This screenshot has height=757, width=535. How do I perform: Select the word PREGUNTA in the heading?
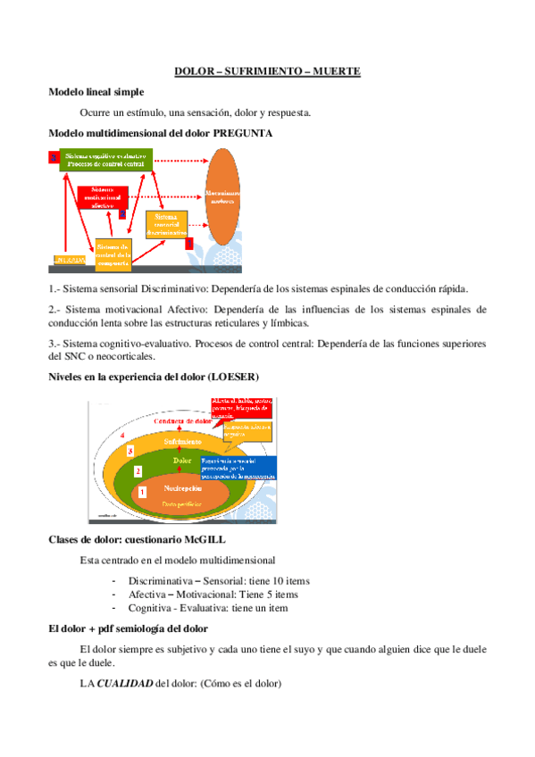click(x=243, y=133)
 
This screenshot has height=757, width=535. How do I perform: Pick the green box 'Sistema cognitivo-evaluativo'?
click(x=104, y=159)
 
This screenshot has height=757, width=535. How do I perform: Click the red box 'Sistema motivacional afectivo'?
click(x=108, y=197)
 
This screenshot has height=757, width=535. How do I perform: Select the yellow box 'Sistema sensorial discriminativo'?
click(x=170, y=225)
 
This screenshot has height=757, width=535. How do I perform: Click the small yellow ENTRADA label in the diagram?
click(x=70, y=260)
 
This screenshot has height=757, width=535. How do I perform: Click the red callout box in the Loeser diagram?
click(x=244, y=408)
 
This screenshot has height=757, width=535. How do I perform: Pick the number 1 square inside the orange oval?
click(x=141, y=491)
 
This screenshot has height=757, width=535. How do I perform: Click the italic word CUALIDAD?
click(x=125, y=684)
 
